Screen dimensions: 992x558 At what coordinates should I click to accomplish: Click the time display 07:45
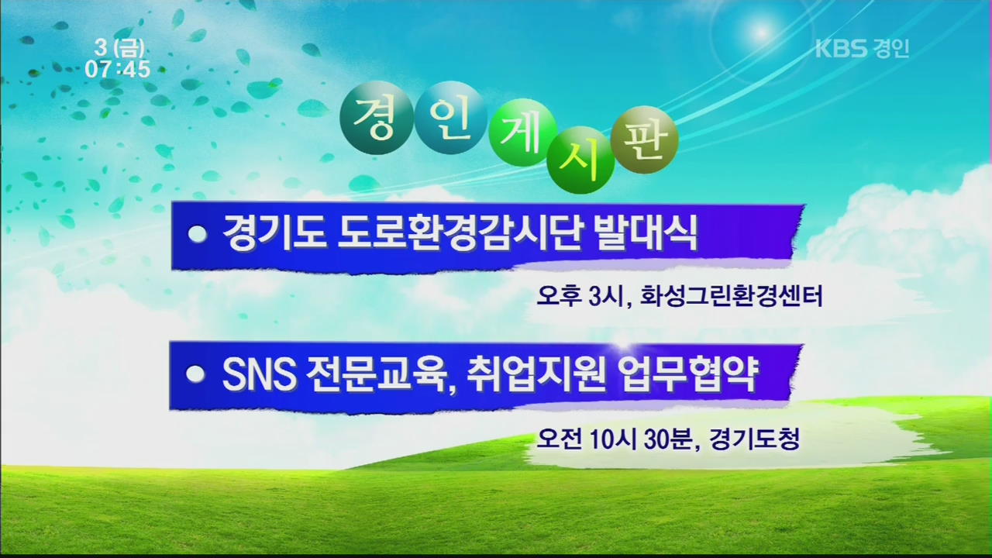(118, 69)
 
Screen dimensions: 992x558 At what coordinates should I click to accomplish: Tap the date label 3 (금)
(119, 48)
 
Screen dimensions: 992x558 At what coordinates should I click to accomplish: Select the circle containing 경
(377, 117)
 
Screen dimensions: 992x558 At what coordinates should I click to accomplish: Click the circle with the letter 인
(451, 117)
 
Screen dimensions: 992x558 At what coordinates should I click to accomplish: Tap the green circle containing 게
(523, 132)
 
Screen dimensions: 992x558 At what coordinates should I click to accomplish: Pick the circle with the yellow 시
(580, 160)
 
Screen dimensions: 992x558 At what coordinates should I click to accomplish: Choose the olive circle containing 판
(644, 139)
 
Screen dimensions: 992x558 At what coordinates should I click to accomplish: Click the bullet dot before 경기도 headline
(198, 233)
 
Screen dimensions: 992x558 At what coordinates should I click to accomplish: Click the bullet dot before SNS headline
(195, 374)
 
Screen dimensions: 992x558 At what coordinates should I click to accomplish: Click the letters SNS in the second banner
(259, 374)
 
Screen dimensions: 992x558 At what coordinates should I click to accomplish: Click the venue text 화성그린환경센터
(732, 296)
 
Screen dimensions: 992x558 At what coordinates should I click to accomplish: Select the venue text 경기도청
(755, 439)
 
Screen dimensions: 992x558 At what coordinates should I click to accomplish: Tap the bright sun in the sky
(761, 32)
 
